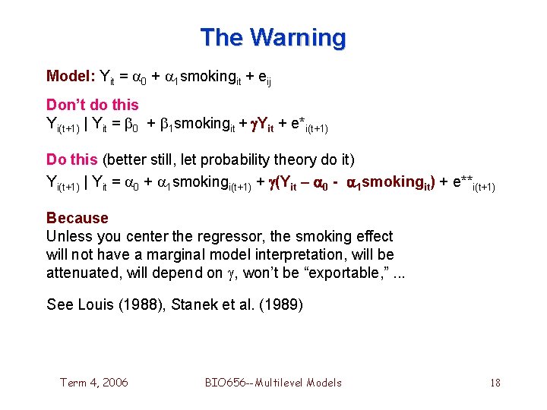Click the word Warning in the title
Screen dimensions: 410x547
coord(298,37)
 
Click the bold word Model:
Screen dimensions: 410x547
coord(71,76)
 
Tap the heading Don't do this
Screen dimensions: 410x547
coord(93,105)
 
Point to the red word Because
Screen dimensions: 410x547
coord(77,219)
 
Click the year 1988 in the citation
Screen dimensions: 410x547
coord(136,305)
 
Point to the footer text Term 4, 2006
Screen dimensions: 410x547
coord(94,382)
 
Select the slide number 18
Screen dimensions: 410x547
coord(495,382)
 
